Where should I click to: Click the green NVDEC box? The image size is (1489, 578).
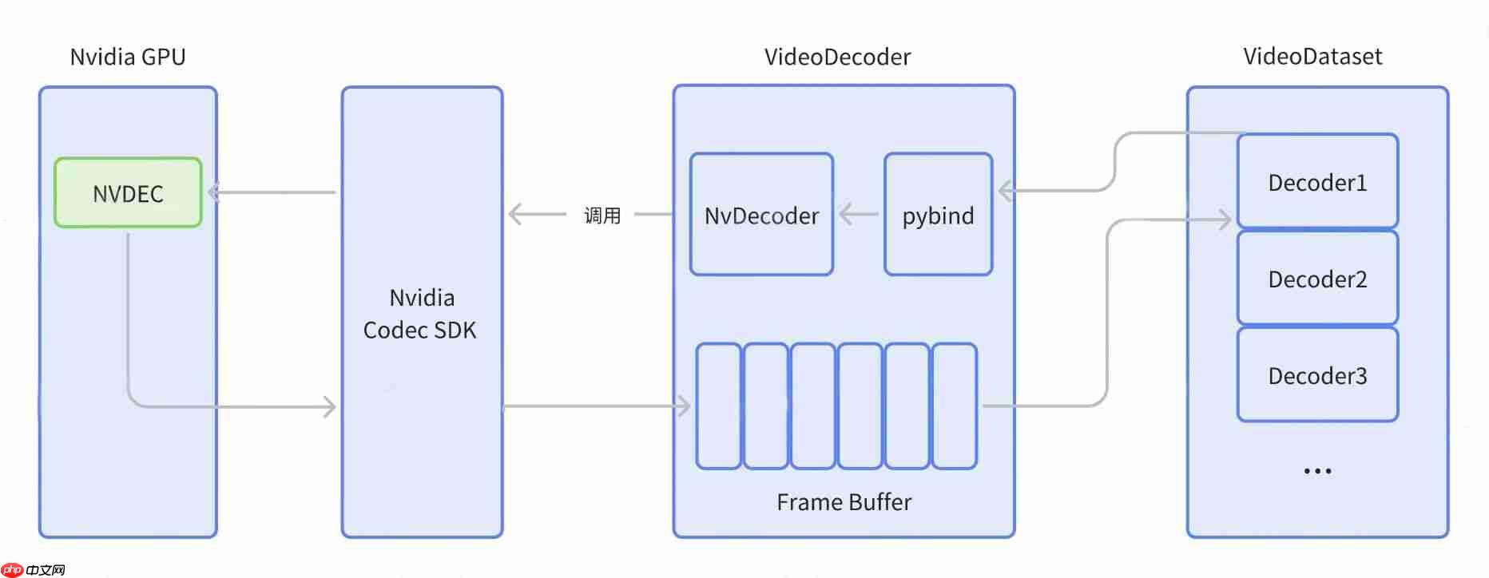tap(128, 193)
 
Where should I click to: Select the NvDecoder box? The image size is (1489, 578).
tap(761, 216)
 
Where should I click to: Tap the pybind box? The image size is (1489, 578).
tap(938, 216)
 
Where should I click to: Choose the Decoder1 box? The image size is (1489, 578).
tap(1317, 183)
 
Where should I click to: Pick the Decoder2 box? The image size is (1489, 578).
tap(1317, 279)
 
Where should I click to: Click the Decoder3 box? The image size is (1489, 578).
tap(1317, 376)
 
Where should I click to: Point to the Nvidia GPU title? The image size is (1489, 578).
tap(128, 57)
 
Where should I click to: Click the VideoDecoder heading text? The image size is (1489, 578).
tap(837, 57)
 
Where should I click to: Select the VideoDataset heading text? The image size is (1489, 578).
tap(1312, 56)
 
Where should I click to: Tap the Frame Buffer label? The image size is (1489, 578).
tap(844, 502)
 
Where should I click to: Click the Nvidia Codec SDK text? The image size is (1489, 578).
tap(420, 314)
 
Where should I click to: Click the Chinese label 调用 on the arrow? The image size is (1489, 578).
tap(602, 216)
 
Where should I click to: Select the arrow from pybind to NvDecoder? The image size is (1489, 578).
tap(858, 214)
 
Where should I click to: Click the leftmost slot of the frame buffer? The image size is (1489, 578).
tap(718, 406)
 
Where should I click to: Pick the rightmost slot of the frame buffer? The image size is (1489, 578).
tap(955, 406)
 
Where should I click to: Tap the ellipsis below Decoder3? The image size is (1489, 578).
tap(1317, 471)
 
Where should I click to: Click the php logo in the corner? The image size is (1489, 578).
tap(13, 569)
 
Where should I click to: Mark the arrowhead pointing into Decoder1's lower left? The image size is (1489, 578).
tap(1224, 220)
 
